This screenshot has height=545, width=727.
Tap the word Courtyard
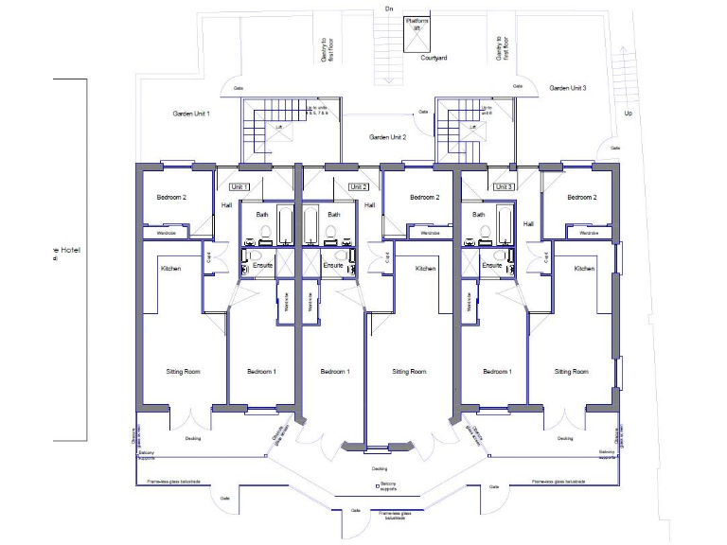point(434,59)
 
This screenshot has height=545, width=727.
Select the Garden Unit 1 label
point(190,114)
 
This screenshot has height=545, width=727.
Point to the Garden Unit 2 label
point(387,137)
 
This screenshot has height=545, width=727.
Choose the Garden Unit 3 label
point(568,88)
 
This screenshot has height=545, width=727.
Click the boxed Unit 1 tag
point(239,187)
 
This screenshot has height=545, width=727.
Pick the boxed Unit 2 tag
point(358,187)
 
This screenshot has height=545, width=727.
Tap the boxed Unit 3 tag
point(504,187)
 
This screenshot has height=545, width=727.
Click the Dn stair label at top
point(387,9)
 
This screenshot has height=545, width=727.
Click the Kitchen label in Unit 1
point(170,269)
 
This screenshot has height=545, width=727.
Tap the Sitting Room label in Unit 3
point(571,372)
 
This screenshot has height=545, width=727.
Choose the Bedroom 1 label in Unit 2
point(334,372)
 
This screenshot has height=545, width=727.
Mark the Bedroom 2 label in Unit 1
point(171,198)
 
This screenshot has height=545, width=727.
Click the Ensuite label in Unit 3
point(491,266)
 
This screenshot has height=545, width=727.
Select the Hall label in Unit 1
point(226,204)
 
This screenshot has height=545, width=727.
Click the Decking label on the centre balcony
point(380,468)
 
